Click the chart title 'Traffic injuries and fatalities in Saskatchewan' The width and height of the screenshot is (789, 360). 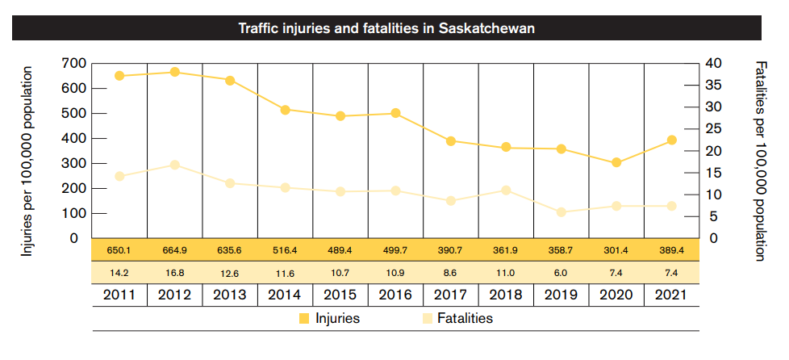387,29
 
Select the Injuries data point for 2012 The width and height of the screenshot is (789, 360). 174,72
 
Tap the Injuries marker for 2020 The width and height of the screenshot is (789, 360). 616,162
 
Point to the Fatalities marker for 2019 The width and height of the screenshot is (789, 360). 561,212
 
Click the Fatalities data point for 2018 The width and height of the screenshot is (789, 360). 506,190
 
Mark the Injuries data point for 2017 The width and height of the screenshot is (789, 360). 451,140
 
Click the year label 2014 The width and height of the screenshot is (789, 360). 285,295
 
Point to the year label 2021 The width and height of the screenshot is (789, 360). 671,295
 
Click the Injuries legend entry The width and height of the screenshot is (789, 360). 329,319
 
